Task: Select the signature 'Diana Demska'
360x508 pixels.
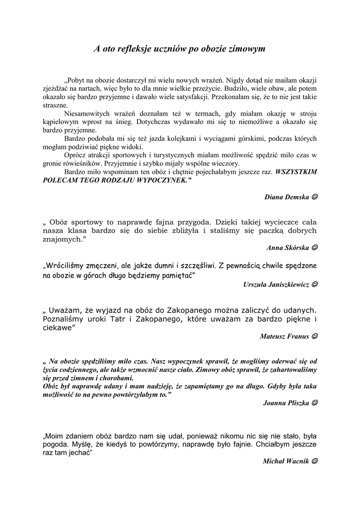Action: (286, 197)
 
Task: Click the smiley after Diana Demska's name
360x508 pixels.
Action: (315, 197)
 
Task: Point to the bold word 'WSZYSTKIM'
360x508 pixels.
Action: (295, 171)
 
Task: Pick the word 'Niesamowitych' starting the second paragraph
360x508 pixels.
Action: (87, 113)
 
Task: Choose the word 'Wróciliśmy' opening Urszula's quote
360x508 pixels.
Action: (65, 266)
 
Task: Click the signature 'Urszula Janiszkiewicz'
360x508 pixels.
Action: (276, 285)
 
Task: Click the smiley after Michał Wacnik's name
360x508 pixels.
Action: (315, 461)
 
